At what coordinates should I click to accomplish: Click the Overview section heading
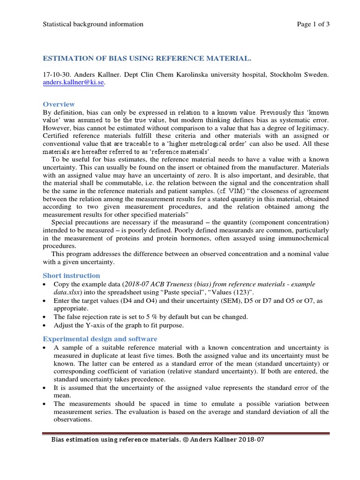(x=59, y=104)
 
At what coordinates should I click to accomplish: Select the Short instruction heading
(x=71, y=275)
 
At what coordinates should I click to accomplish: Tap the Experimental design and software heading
(x=100, y=338)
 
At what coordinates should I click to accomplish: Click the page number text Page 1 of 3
(x=313, y=24)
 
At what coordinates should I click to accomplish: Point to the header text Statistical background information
(x=93, y=24)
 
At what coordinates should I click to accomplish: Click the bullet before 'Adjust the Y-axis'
(x=45, y=325)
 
